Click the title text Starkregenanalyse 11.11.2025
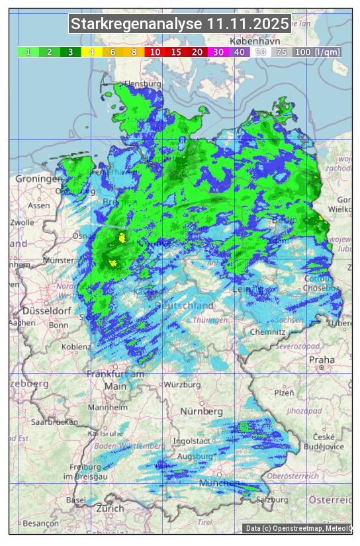pos(180,24)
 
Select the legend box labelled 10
pos(155,52)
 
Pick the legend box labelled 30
pos(217,52)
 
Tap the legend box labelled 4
pos(92,52)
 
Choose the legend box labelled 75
pos(281,52)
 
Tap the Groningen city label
pos(38,179)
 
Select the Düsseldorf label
pos(46,310)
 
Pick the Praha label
pos(321,360)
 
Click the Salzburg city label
pos(272,500)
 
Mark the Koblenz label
pos(76,347)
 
